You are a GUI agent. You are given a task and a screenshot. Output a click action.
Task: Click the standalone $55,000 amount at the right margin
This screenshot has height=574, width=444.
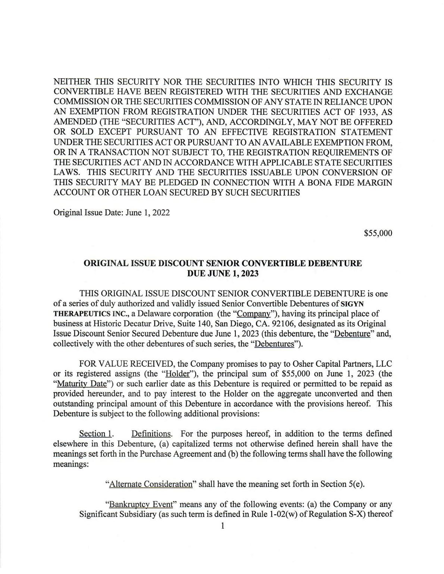point(378,233)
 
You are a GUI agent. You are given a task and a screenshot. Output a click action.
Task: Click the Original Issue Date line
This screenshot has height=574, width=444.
point(112,212)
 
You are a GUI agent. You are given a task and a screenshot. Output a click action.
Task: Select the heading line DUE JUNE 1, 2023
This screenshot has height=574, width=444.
point(222,273)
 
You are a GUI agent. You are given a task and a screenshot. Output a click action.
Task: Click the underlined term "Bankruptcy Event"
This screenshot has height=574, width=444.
point(141,505)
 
